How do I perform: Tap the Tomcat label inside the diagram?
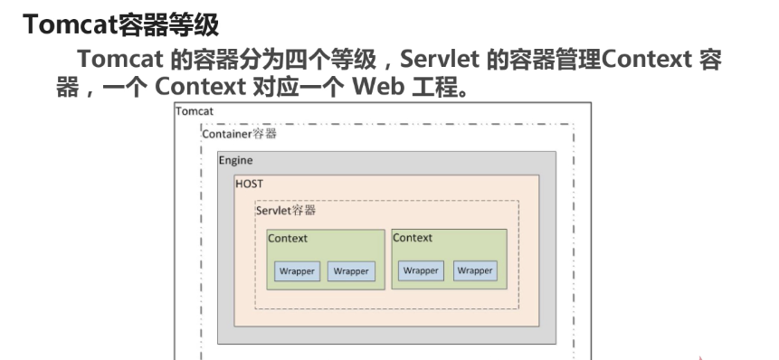pos(195,111)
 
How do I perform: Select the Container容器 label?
pos(239,134)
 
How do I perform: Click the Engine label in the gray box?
pos(235,160)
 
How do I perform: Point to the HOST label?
pos(249,183)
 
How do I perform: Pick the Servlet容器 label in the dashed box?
pos(286,210)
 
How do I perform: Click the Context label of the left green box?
pos(288,239)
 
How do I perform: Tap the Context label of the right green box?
pos(413,238)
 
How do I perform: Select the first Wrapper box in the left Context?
pos(298,271)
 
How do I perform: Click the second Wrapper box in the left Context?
pos(351,271)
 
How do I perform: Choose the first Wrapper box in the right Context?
pos(421,270)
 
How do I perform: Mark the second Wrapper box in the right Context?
pos(474,270)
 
